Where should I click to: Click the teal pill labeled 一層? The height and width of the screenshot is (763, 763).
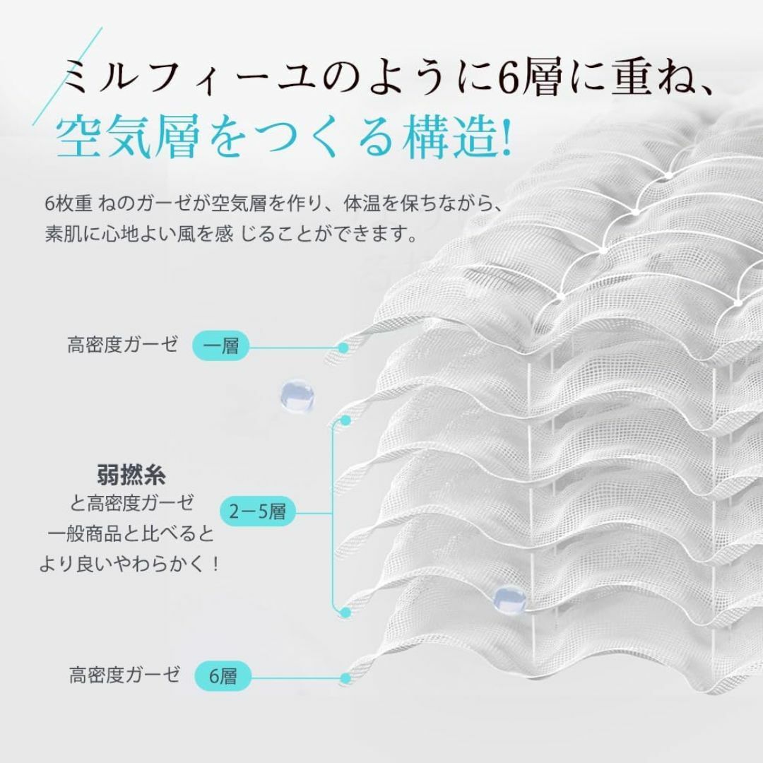click(220, 346)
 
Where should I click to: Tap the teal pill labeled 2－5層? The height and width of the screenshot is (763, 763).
click(258, 511)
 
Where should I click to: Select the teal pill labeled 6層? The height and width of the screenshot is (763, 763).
click(223, 676)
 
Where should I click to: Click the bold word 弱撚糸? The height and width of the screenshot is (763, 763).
click(131, 475)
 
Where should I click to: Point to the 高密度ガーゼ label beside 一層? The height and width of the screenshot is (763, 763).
click(123, 345)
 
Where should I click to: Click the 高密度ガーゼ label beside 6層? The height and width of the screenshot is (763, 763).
click(124, 675)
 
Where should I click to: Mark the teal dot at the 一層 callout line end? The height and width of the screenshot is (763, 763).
click(343, 348)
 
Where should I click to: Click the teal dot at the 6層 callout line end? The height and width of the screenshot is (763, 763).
click(346, 678)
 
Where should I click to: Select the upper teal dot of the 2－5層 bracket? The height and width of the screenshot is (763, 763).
click(346, 420)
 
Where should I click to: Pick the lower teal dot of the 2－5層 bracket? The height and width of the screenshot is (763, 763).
click(346, 613)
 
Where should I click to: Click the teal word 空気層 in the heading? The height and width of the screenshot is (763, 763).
click(128, 137)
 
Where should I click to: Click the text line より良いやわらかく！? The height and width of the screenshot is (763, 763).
click(129, 564)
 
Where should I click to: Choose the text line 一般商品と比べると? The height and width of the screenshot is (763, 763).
click(131, 534)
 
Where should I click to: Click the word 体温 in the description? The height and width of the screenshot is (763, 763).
click(362, 203)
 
